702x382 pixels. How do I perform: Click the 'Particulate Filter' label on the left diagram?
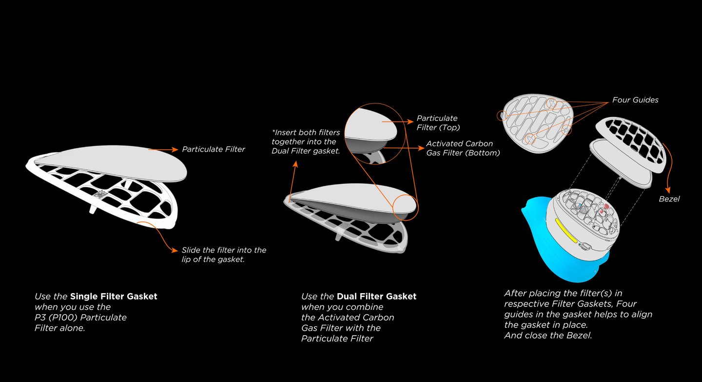coord(214,149)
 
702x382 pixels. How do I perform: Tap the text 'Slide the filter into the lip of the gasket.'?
coord(224,255)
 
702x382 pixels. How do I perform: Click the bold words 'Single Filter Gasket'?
coord(114,296)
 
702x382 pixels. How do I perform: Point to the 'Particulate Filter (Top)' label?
coord(437,122)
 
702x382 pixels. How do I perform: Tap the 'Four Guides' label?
coord(635,100)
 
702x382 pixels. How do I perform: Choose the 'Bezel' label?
coord(669,199)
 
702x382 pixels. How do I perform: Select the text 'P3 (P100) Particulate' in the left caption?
coord(80,318)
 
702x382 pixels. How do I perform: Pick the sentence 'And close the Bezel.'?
coord(548,336)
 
